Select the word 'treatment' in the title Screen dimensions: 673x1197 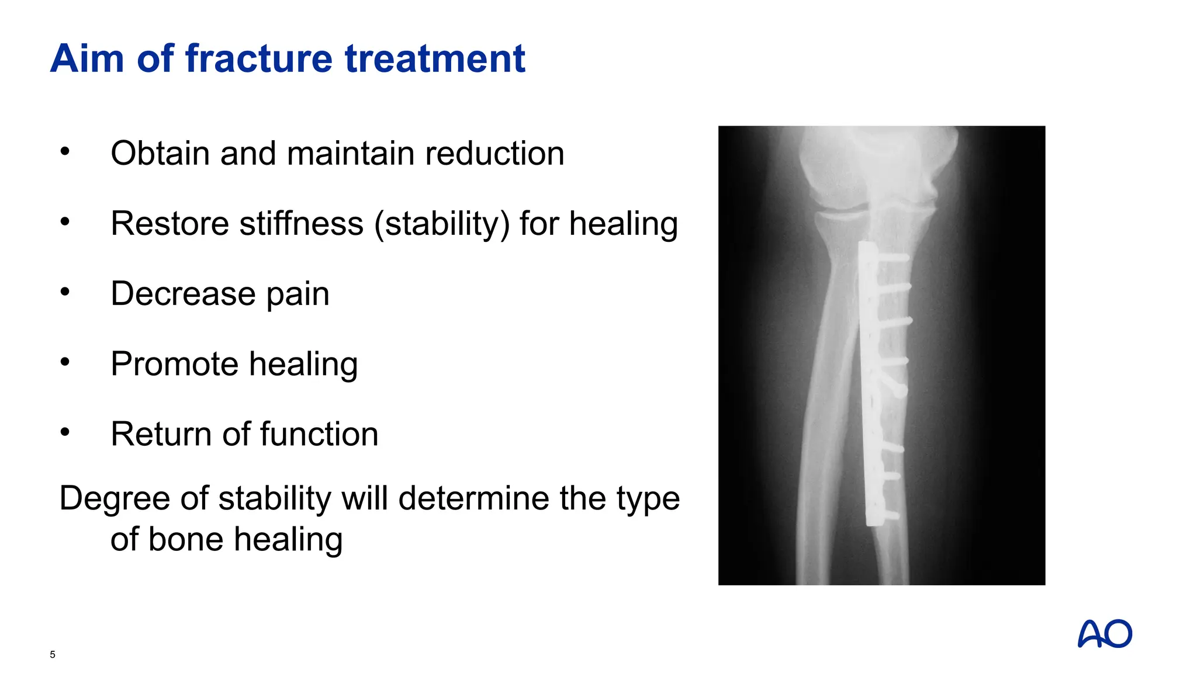tap(435, 58)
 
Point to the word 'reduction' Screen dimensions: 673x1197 tap(494, 153)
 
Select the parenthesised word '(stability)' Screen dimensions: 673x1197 tap(442, 224)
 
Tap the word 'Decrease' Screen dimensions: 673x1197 tap(183, 293)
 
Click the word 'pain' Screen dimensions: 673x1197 tap(298, 294)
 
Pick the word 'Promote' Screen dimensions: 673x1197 tap(174, 364)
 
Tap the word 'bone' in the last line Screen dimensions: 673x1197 tap(186, 539)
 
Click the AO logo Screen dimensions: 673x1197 tap(1105, 634)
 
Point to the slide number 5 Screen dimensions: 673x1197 tap(53, 654)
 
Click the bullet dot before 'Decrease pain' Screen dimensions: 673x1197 tap(65, 292)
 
